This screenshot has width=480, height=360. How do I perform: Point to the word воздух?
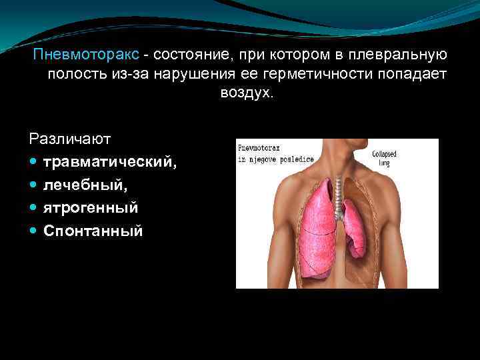(247, 93)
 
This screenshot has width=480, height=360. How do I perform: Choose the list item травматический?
(111, 162)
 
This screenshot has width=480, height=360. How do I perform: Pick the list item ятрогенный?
(91, 208)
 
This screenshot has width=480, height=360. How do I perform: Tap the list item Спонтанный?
(93, 231)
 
